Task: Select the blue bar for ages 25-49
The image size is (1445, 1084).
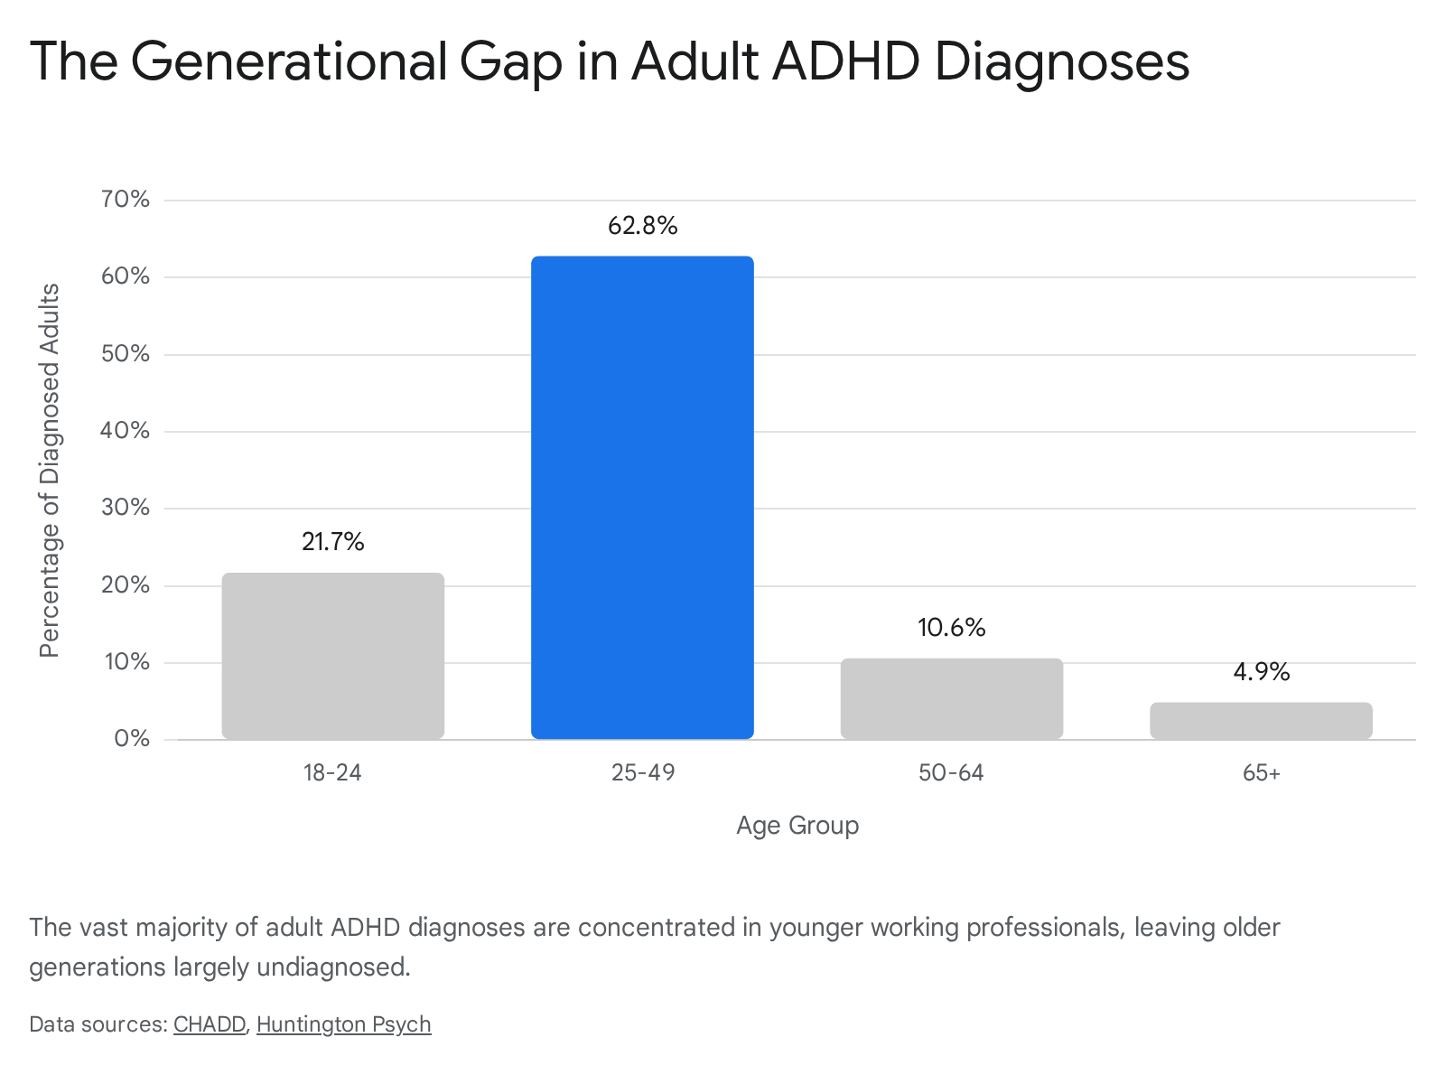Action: point(642,497)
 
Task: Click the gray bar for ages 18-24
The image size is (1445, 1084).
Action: point(333,656)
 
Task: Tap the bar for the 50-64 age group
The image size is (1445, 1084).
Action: point(951,698)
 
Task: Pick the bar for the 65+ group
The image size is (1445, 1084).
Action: point(1261,721)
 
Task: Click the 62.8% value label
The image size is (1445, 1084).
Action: point(642,226)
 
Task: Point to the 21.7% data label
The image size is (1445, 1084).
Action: point(333,542)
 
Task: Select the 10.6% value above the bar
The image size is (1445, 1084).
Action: point(952,627)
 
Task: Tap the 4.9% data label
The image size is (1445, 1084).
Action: point(1262,671)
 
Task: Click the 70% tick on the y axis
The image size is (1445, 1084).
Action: point(125,199)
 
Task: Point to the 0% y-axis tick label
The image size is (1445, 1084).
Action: point(132,738)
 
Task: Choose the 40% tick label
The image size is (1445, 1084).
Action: point(125,431)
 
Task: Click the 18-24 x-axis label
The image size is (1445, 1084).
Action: point(332,772)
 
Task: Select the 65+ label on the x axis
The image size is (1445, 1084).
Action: point(1262,772)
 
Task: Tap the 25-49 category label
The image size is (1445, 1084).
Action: point(643,772)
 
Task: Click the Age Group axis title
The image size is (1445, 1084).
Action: point(797,826)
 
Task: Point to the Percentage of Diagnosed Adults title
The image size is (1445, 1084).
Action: point(50,470)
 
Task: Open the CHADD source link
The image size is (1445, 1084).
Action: point(210,1024)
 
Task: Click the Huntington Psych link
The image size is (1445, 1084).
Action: point(344,1024)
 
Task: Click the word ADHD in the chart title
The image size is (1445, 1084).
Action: point(845,61)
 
